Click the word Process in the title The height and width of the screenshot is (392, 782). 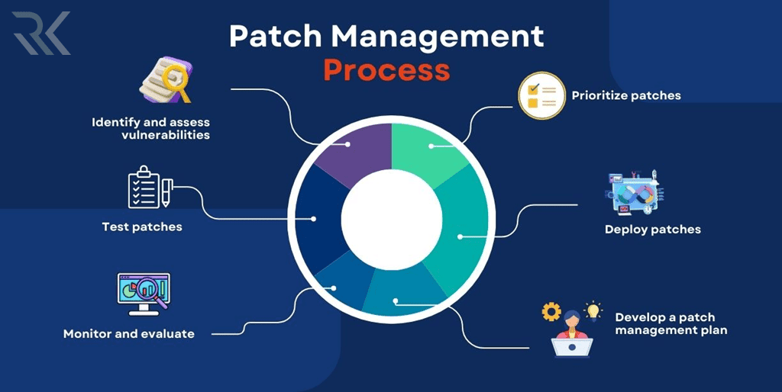click(386, 69)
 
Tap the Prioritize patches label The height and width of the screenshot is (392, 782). click(626, 96)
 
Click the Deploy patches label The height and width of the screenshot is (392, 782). click(652, 229)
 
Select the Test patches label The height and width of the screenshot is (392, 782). click(142, 227)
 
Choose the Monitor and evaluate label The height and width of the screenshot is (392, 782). click(128, 333)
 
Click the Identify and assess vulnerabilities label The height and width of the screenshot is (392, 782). click(150, 128)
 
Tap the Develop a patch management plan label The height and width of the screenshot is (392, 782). click(671, 323)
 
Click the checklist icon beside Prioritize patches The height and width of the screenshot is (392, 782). click(541, 96)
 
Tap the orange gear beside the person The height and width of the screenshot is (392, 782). click(551, 312)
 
